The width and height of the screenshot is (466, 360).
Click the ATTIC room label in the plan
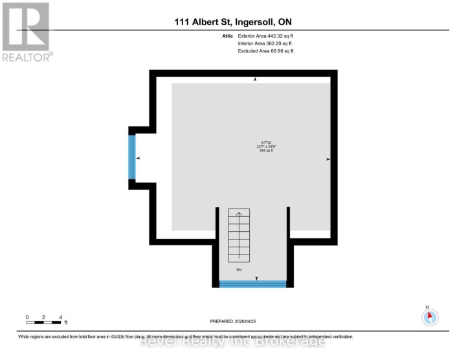[265, 142]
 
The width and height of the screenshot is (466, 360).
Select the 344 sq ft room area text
[265, 150]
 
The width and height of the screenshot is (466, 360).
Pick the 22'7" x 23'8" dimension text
[265, 146]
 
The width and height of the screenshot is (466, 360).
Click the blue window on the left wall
[132, 157]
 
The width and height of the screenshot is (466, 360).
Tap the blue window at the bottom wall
[252, 284]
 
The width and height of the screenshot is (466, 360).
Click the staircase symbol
[239, 236]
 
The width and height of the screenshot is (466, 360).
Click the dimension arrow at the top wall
[255, 80]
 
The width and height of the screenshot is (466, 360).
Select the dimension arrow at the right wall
[328, 159]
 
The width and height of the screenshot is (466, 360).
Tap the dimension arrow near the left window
[139, 158]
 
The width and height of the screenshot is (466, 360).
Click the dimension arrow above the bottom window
[257, 278]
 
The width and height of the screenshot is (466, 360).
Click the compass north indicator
[430, 317]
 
